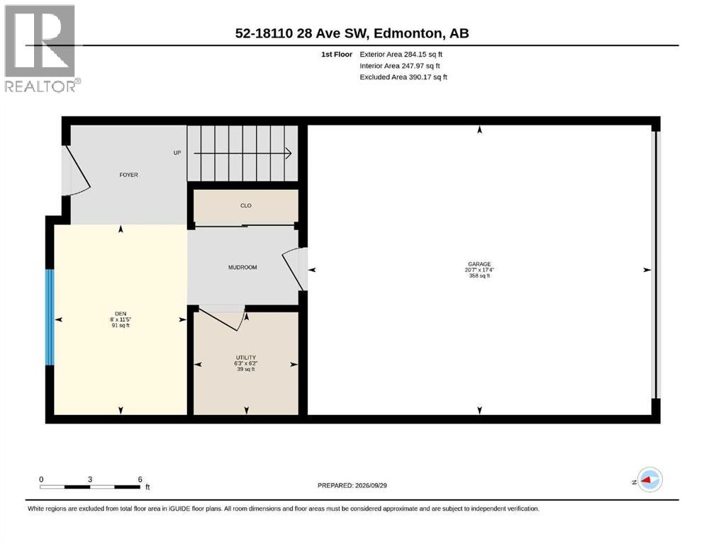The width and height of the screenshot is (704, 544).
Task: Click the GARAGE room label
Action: tap(479, 264)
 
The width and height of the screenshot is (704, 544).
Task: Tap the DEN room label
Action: tap(121, 314)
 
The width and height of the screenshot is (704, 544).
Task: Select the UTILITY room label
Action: tap(245, 358)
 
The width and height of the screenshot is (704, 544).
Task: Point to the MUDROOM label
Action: tap(242, 267)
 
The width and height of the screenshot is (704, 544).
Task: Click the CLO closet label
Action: tap(245, 205)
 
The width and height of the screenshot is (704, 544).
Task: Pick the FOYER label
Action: tap(128, 175)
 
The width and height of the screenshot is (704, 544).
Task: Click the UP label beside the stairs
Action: tap(177, 153)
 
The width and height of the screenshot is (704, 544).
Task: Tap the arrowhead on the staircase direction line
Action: tap(289, 154)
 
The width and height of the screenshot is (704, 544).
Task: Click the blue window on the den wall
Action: tap(50, 317)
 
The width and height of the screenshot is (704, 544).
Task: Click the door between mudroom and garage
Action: tap(296, 268)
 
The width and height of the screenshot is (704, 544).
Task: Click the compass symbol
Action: tap(649, 480)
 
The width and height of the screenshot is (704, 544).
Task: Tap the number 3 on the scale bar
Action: tap(90, 480)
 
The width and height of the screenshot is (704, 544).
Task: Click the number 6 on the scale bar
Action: tap(140, 480)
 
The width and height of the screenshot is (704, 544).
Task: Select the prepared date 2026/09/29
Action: tap(371, 485)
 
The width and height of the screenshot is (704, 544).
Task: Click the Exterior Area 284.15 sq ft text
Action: tap(401, 55)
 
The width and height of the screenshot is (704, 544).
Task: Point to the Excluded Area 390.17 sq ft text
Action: tap(403, 77)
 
